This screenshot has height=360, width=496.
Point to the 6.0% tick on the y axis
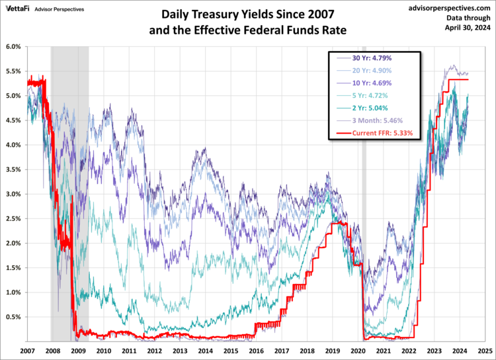tap(13, 47)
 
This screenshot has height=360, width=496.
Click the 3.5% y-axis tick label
tap(13, 169)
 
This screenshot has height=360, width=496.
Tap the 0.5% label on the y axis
tap(13, 317)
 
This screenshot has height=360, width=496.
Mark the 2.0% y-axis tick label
tap(13, 244)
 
